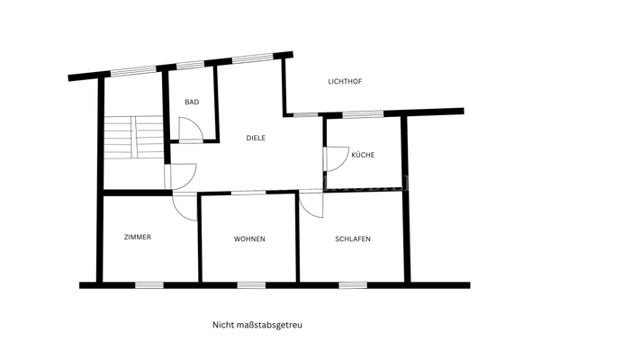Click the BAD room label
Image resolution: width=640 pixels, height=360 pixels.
pos(192,102)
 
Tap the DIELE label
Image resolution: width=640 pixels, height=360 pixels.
pos(256,138)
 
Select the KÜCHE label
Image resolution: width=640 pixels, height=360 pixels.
pos(363,155)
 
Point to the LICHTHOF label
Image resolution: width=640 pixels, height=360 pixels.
pos(345,82)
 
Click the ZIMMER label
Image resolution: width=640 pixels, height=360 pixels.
pos(138,237)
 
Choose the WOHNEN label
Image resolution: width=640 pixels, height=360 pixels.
pos(249,239)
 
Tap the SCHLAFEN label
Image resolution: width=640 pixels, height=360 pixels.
pos(353,239)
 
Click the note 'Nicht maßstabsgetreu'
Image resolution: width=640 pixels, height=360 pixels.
pos(257,325)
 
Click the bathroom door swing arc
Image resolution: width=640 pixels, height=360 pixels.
pos(191,129)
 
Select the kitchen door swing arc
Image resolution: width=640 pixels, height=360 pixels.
pos(337,158)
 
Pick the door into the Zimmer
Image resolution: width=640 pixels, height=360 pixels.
pos(185,206)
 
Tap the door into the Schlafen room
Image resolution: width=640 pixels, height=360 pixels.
pos(311,204)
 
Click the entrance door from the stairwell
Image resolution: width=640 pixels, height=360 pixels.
pos(181,176)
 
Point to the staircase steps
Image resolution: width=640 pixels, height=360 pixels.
pos(134,138)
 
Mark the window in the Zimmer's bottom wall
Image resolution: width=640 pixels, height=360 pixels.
pos(149,285)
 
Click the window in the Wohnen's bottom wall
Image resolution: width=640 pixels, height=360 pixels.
pos(251,285)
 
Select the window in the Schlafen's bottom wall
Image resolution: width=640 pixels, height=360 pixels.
pos(353,285)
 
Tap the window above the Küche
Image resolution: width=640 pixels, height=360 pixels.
pos(363,114)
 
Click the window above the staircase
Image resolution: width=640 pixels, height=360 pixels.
pos(133,71)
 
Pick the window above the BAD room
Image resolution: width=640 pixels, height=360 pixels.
pos(190,65)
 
